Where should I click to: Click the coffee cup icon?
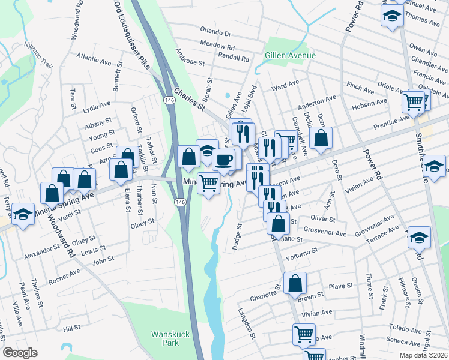[x=223, y=160]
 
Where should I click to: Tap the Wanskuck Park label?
[x=165, y=338]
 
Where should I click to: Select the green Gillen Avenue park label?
[x=290, y=56]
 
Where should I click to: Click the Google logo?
[x=20, y=353]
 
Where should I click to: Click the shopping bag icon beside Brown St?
[x=295, y=283]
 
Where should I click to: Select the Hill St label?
[x=71, y=328]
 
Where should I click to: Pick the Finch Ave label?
[x=360, y=88]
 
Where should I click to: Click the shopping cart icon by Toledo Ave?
[x=304, y=334]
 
